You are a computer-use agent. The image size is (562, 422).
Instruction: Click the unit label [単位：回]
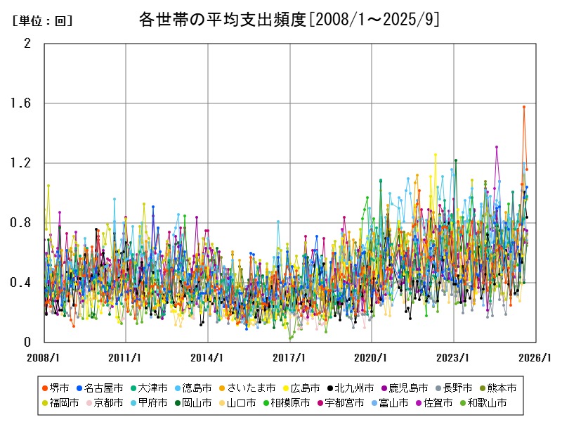(x=43, y=21)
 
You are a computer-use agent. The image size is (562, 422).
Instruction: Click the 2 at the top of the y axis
(x=28, y=44)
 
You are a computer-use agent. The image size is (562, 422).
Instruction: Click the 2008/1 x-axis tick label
(x=44, y=357)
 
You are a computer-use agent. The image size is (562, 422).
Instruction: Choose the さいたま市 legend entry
(x=251, y=388)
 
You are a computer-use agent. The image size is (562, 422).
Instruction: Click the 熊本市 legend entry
(x=502, y=388)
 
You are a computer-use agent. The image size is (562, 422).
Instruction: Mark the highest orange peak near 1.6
(x=523, y=107)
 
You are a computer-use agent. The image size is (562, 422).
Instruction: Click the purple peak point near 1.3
(x=497, y=147)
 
